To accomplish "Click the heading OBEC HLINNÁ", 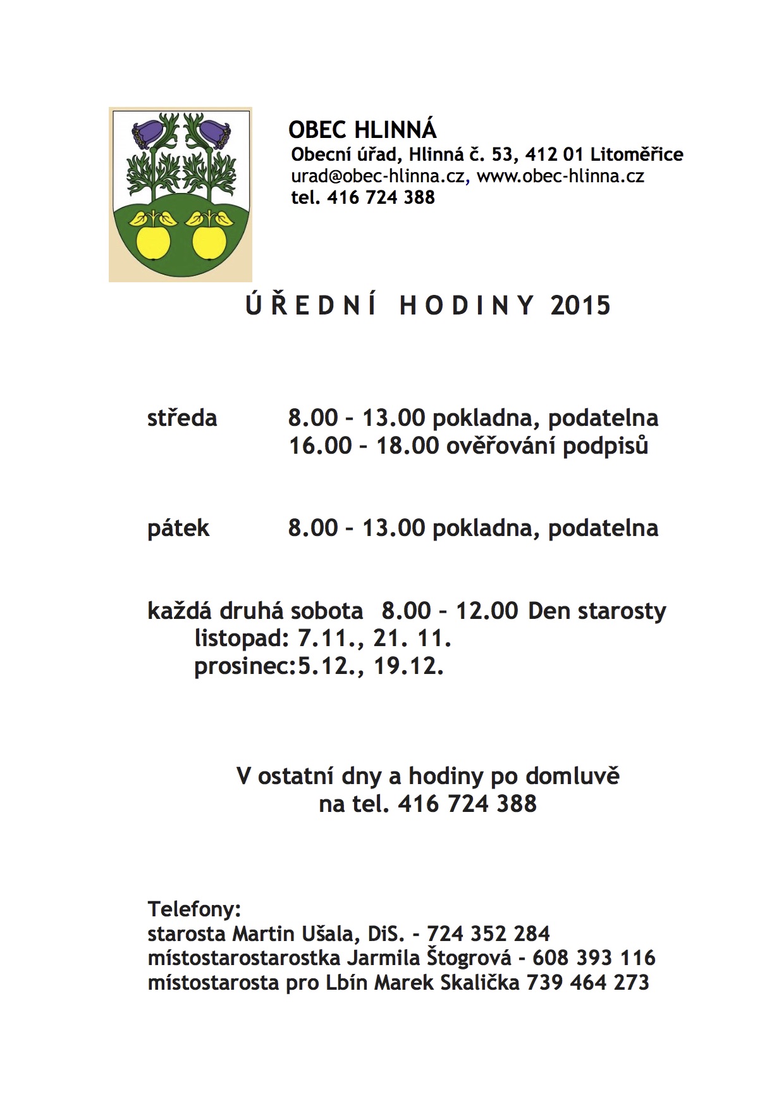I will click(x=362, y=130).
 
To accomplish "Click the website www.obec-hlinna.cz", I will click(x=560, y=176).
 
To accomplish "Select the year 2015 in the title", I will click(x=580, y=306).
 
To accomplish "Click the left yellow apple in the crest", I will click(x=153, y=241).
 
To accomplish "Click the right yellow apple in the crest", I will click(x=209, y=241).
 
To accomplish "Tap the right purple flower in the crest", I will click(x=216, y=134).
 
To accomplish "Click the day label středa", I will click(x=182, y=418).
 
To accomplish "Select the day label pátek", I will click(x=178, y=528).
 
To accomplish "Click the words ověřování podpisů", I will click(x=548, y=446).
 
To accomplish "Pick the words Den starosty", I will click(x=597, y=611).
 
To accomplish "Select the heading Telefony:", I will click(x=195, y=909).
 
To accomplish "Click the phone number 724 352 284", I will click(x=488, y=933).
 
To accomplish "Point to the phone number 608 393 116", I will click(x=594, y=957).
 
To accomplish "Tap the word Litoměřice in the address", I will click(x=637, y=154).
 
